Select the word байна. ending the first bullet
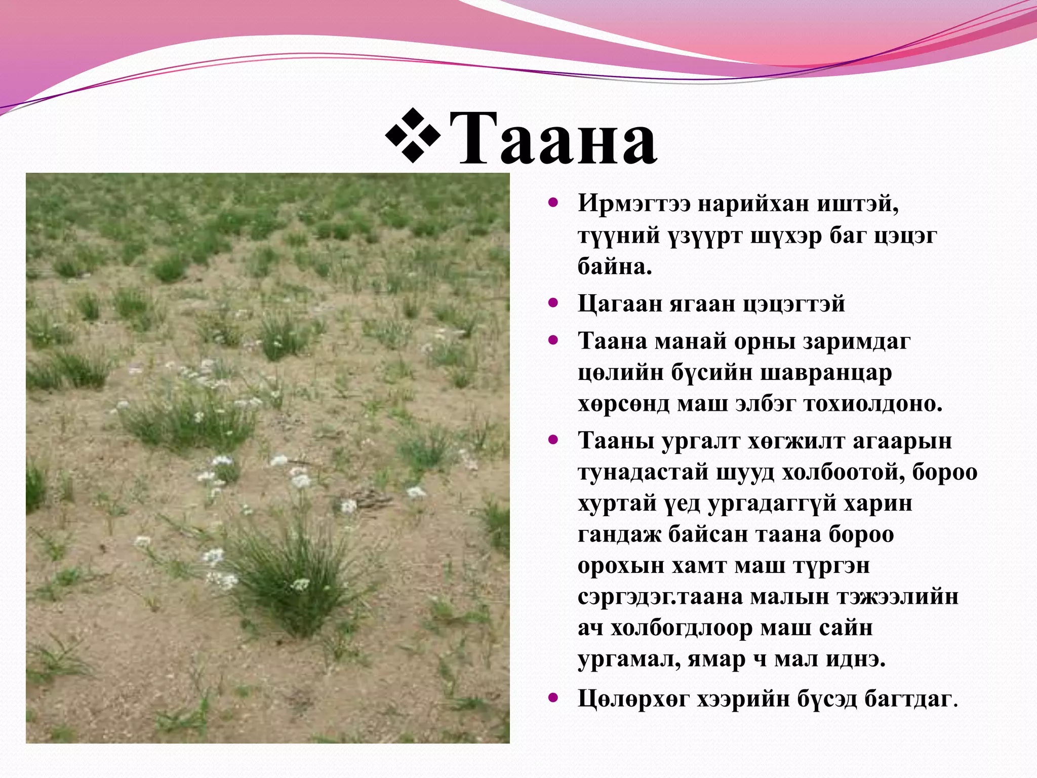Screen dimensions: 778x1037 click(x=615, y=266)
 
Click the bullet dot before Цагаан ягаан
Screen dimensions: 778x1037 click(x=553, y=303)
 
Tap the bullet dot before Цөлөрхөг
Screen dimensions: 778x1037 click(x=553, y=698)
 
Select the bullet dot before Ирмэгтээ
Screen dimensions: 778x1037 click(x=553, y=203)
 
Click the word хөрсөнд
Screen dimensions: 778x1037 click(x=623, y=404)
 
